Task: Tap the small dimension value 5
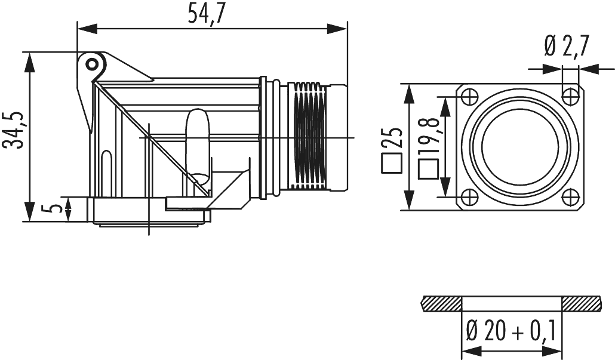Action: click(55, 208)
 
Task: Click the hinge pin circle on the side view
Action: click(90, 63)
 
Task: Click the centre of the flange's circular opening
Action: click(521, 147)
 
